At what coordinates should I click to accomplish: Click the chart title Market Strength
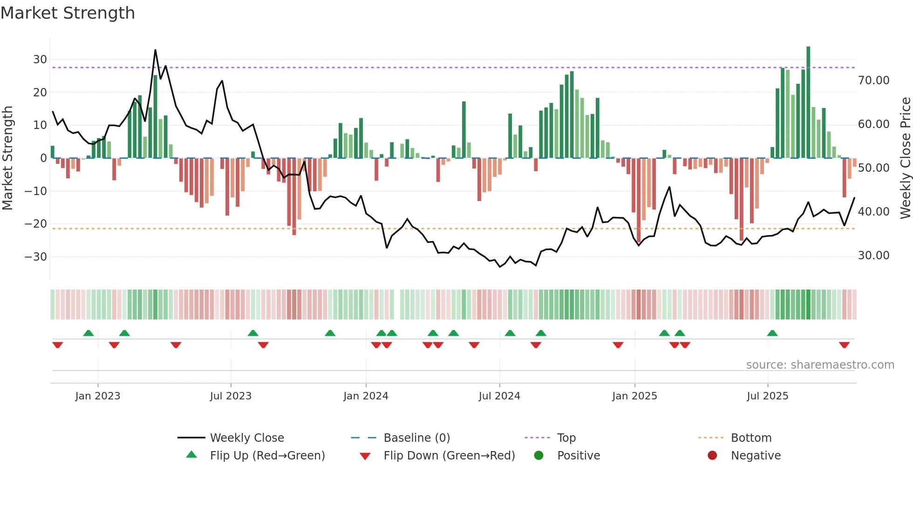click(68, 13)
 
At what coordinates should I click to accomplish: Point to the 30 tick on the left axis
click(40, 60)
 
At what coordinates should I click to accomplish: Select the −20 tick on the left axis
click(36, 224)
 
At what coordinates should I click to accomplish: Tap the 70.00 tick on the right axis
click(873, 81)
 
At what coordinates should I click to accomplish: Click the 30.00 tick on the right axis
click(873, 256)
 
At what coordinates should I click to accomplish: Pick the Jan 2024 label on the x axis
click(366, 396)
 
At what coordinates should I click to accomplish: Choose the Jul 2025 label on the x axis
click(767, 396)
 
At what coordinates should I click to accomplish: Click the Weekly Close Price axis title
click(905, 158)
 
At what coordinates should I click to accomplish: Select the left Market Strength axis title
click(7, 158)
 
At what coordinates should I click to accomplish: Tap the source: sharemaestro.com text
click(820, 365)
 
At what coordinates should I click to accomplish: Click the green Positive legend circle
click(538, 456)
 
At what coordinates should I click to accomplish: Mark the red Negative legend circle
click(712, 456)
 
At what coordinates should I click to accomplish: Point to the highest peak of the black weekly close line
click(155, 50)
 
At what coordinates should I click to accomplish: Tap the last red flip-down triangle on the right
click(844, 345)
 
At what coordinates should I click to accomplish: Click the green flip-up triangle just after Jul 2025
click(772, 333)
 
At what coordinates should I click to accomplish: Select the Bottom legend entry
click(751, 438)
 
